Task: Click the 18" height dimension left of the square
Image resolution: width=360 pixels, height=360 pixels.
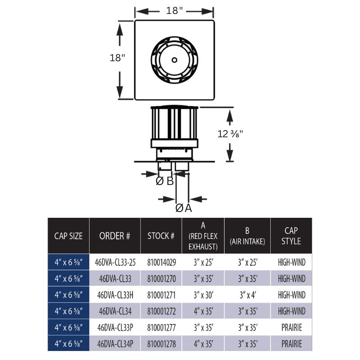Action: pyautogui.click(x=117, y=58)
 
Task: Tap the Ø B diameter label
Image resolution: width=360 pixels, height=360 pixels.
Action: pyautogui.click(x=165, y=181)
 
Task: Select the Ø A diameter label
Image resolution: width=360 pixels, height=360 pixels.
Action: pyautogui.click(x=183, y=208)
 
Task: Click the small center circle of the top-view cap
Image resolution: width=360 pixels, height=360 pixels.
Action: pyautogui.click(x=174, y=60)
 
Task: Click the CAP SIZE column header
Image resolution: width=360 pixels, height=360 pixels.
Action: pyautogui.click(x=68, y=235)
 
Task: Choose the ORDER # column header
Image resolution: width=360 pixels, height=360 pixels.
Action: pyautogui.click(x=115, y=235)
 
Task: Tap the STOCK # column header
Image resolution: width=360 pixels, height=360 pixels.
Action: pyautogui.click(x=161, y=235)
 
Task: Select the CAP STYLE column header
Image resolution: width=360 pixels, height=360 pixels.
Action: pyautogui.click(x=291, y=235)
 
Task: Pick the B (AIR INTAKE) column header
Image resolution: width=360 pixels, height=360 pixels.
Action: pyautogui.click(x=247, y=235)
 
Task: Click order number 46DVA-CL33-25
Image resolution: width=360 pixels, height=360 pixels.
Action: pyautogui.click(x=115, y=262)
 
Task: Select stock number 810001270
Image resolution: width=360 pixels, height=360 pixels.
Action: pyautogui.click(x=161, y=279)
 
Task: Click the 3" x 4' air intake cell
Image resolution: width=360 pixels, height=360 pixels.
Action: pyautogui.click(x=247, y=295)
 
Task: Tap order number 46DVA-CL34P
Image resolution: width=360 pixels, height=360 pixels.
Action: pyautogui.click(x=115, y=344)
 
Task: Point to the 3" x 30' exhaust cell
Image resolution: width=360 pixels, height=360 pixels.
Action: pyautogui.click(x=203, y=295)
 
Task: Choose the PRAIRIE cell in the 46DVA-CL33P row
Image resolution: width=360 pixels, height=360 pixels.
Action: pyautogui.click(x=291, y=328)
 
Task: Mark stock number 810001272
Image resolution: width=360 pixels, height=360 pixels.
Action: pyautogui.click(x=161, y=311)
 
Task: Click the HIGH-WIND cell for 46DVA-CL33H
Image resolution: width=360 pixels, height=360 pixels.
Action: pyautogui.click(x=291, y=295)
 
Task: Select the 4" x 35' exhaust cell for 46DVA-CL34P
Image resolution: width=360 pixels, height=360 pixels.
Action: pyautogui.click(x=203, y=344)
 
